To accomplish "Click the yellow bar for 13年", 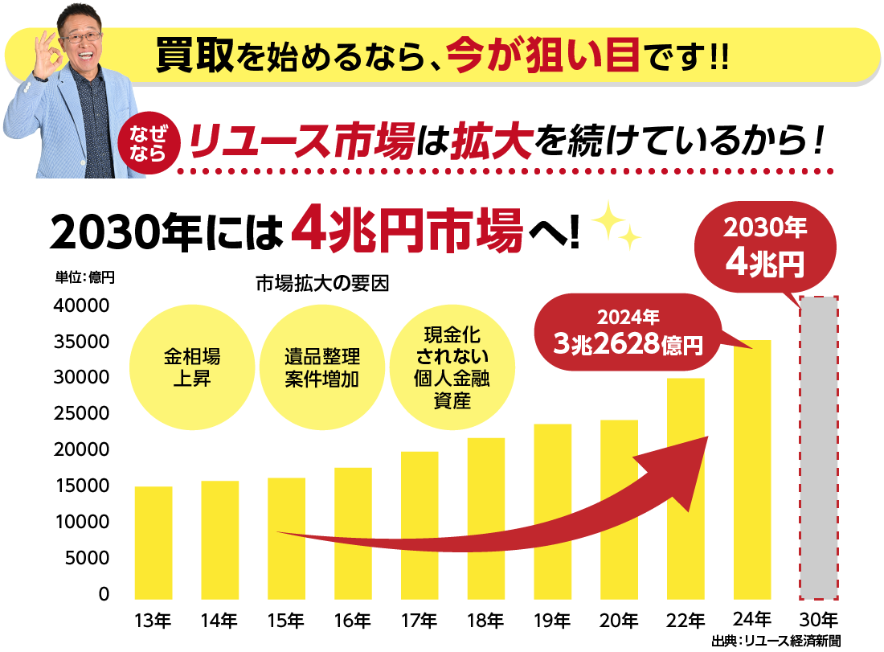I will click(x=153, y=543).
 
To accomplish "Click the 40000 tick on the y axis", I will click(x=80, y=306).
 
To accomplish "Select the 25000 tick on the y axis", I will click(x=80, y=414).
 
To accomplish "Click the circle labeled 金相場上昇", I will click(x=191, y=367).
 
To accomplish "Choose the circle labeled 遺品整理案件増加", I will click(x=321, y=367).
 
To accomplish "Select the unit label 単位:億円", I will click(x=85, y=277).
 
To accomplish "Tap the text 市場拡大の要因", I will click(x=321, y=285).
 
